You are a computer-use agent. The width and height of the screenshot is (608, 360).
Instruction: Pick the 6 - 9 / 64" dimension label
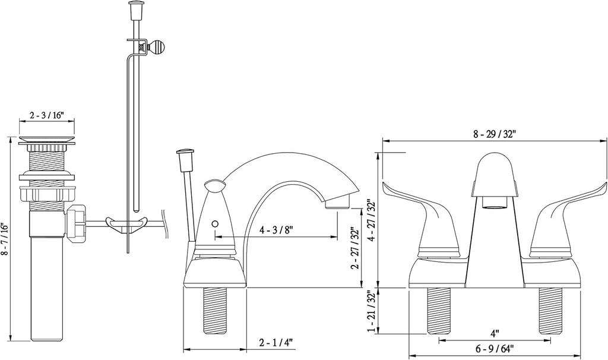(494, 348)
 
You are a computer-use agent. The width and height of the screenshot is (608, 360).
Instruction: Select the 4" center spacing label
(494, 333)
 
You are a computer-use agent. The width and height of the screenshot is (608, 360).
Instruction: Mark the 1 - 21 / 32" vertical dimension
(370, 311)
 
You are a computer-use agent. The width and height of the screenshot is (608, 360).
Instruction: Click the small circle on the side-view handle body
(215, 225)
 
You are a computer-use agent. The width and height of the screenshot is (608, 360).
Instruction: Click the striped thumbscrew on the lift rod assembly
(158, 46)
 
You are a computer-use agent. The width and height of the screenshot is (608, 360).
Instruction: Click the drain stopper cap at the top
(48, 140)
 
